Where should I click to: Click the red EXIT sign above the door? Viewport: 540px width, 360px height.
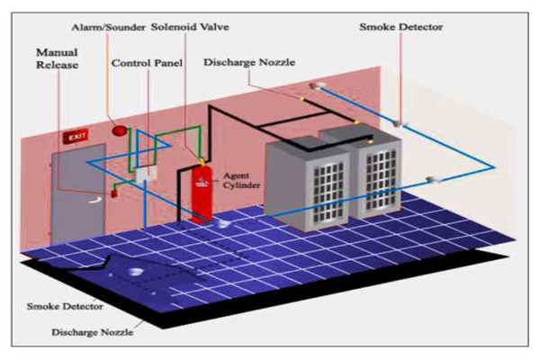pos(75,138)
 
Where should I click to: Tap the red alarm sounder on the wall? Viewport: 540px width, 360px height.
pos(117,129)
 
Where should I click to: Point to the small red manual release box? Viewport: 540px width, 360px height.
pos(114,192)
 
